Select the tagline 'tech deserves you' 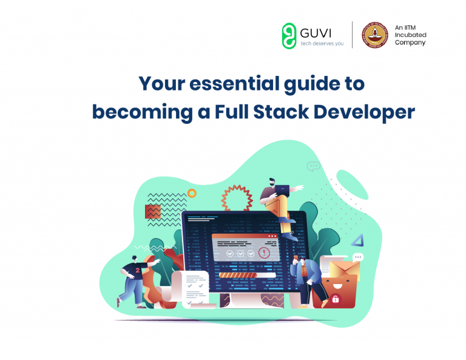pos(322,44)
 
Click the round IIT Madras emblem pos(374,35)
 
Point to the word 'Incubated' pos(410,35)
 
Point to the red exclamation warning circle pos(264,252)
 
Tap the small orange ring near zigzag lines pos(192,193)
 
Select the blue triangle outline pos(357,239)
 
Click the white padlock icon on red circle pos(335,299)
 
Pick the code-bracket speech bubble pos(313,166)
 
